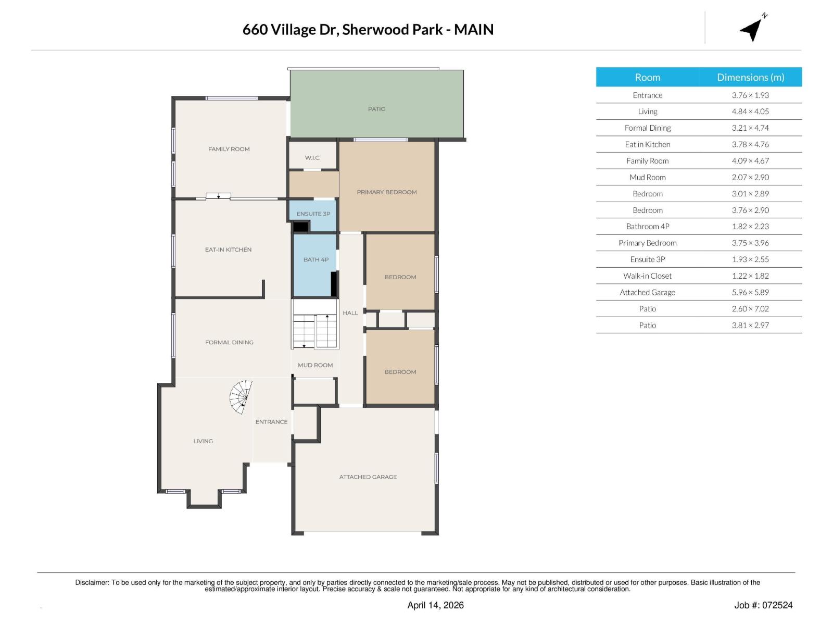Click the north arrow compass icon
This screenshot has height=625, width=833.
coord(752,29)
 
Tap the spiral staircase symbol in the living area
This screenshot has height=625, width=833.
coord(241,397)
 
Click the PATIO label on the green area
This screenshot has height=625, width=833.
coord(376,109)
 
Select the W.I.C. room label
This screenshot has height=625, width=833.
coord(312,158)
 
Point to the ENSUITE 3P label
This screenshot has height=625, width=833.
coord(313,214)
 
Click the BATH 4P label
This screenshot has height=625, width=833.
coord(315,259)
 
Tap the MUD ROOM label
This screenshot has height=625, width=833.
coord(315,365)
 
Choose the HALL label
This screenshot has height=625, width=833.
coord(350,313)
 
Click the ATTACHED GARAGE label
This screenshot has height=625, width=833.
coord(368,477)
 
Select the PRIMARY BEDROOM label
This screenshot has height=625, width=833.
coord(386,192)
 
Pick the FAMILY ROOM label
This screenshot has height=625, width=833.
coord(229,149)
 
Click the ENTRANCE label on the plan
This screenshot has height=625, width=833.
coord(271,422)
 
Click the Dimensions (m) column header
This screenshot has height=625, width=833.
coord(750,77)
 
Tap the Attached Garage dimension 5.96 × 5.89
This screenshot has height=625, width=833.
coord(750,292)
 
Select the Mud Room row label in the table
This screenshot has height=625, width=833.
coord(647,177)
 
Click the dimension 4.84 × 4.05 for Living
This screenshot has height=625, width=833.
coord(750,111)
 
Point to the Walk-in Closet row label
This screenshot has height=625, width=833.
coord(647,276)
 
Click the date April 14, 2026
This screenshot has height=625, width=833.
coord(435,605)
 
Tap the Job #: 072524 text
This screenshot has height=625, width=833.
coord(763,605)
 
